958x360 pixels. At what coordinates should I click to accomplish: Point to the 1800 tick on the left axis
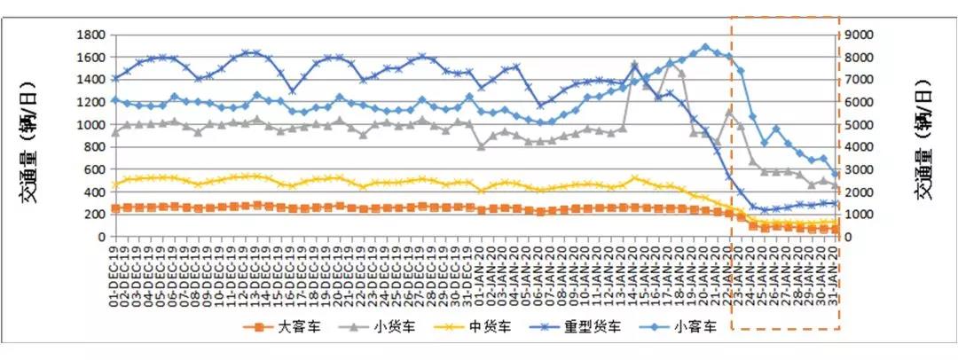92,35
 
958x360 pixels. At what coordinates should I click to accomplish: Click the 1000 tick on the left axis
92,125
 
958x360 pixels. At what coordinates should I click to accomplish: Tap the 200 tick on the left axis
95,215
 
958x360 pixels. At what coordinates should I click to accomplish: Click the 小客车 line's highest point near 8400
706,47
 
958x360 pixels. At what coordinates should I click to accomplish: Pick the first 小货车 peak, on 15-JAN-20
634,65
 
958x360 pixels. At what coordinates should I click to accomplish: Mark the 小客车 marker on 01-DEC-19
114,99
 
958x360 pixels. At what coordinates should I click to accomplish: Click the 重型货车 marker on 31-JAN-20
836,203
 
